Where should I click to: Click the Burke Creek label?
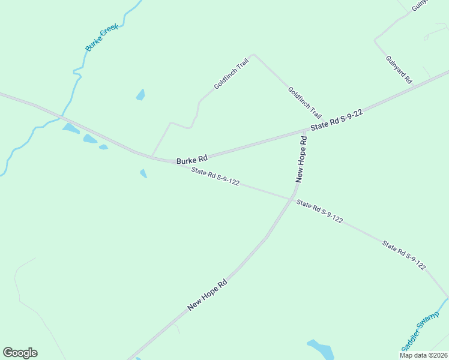tap(101, 37)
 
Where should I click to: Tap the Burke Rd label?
tap(192, 160)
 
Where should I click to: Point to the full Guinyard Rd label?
tap(399, 69)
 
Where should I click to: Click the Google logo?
tap(20, 353)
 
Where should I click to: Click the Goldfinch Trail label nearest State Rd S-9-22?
tap(304, 103)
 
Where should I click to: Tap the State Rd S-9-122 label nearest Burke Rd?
tap(215, 177)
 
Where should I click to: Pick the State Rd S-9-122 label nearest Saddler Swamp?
tap(404, 255)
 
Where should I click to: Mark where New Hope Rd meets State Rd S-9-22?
tap(304, 130)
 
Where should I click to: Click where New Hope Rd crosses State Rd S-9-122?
tap(292, 199)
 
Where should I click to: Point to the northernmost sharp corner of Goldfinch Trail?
tap(253, 55)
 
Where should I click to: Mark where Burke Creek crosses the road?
tap(62, 116)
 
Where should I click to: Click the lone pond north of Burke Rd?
tap(140, 95)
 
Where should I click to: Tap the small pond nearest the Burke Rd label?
tap(143, 173)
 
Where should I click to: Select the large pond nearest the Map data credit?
tap(321, 349)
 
